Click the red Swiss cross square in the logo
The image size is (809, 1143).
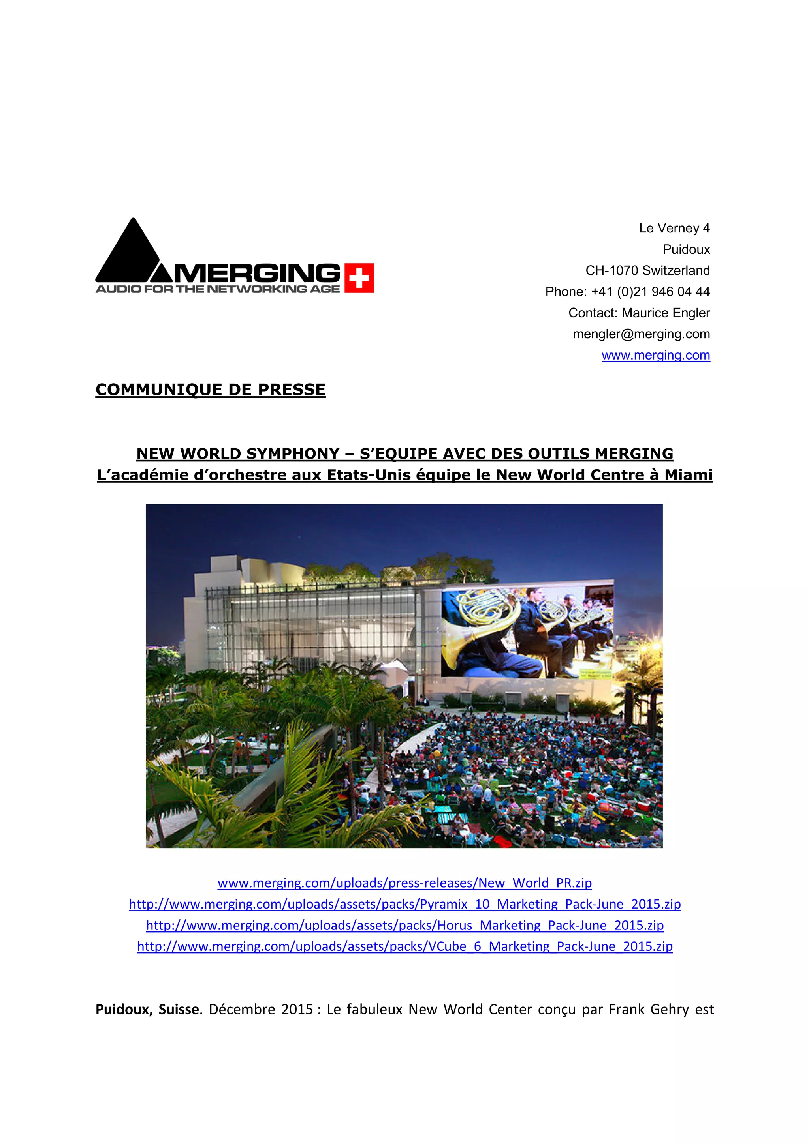(359, 278)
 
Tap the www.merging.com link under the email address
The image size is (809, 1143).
(656, 356)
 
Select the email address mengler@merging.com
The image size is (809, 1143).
(641, 334)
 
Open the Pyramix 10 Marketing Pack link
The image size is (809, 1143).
(404, 904)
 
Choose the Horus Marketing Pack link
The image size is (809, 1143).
(404, 926)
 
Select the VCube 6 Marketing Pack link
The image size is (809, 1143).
(404, 946)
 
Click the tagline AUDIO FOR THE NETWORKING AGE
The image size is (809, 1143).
(217, 289)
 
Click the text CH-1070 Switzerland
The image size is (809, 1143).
(647, 270)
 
